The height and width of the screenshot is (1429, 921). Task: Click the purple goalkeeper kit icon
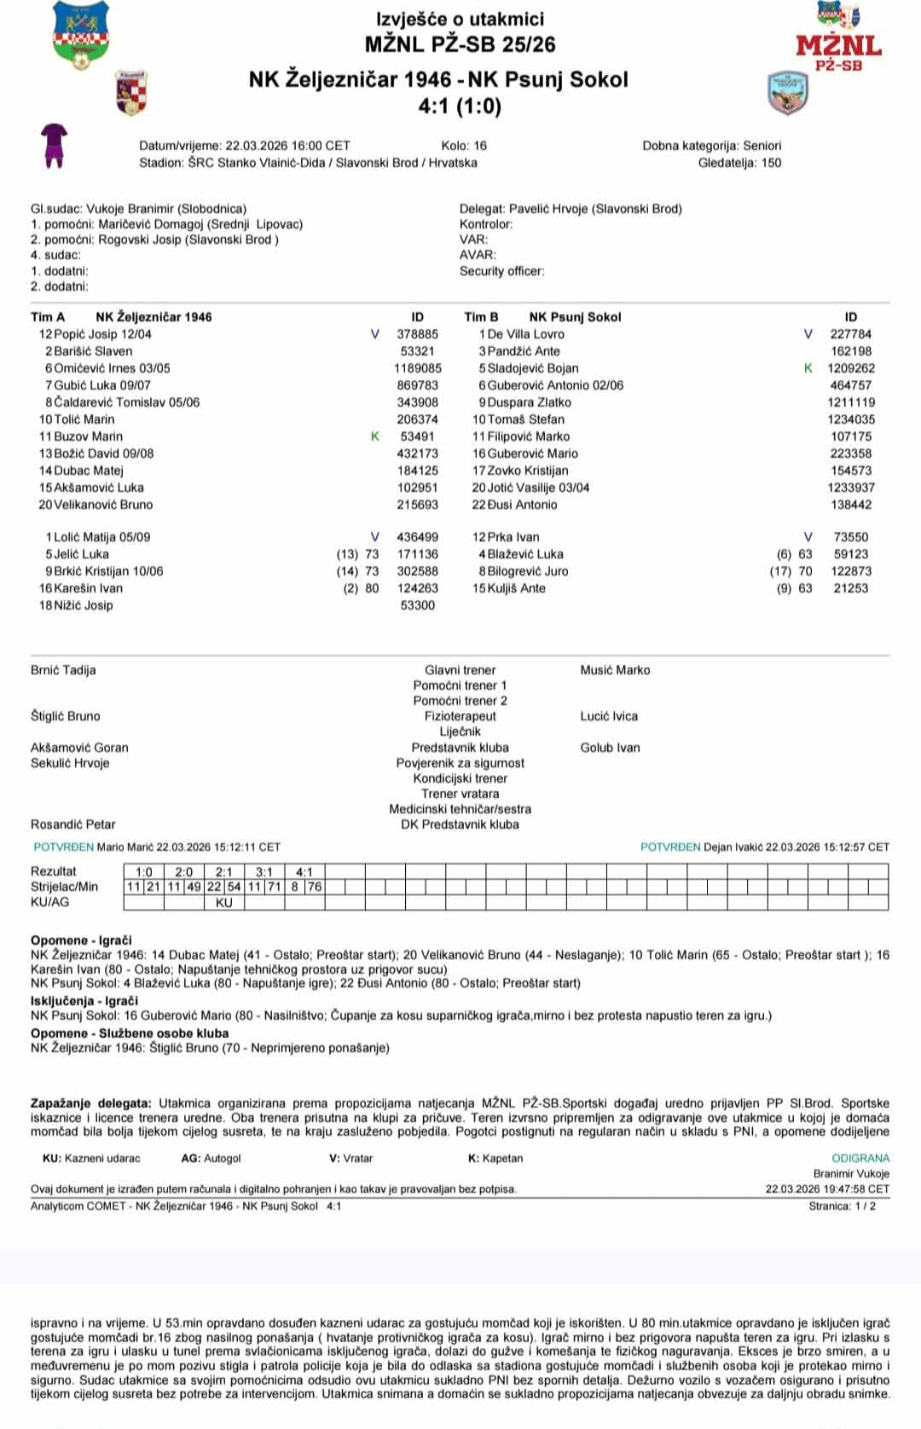55,145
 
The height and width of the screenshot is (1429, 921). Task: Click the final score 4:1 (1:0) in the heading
460,107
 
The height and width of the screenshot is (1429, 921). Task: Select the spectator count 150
771,163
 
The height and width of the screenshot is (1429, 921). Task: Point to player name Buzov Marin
89,437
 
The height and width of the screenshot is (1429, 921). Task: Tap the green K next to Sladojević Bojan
808,368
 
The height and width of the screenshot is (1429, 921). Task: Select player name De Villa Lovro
525,334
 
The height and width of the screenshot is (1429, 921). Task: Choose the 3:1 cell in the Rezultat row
264,872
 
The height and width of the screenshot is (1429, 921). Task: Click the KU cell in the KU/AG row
224,903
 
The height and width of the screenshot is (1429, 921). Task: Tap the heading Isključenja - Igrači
84,1001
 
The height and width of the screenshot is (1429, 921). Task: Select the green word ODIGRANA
860,1159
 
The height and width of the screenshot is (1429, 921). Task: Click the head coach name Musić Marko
615,670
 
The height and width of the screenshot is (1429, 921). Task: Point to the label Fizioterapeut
460,716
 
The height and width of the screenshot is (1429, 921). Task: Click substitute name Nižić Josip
84,605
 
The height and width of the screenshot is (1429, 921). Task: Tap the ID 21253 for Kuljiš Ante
851,588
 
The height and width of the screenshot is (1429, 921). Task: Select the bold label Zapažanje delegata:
91,1103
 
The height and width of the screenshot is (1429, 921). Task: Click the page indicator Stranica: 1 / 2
842,1206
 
